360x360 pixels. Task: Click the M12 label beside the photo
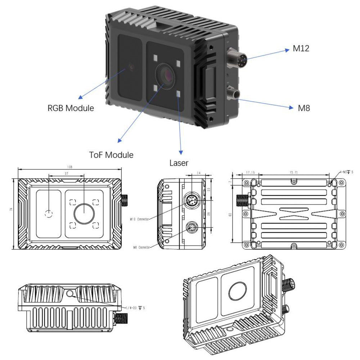click(x=301, y=49)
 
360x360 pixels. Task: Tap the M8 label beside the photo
click(x=304, y=108)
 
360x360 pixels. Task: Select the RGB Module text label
click(x=71, y=108)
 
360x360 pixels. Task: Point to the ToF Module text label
click(x=111, y=155)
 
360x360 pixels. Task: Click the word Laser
click(x=179, y=163)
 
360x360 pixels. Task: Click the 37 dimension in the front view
click(x=66, y=174)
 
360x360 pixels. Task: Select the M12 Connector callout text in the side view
click(x=139, y=219)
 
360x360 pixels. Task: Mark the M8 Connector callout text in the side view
click(x=141, y=247)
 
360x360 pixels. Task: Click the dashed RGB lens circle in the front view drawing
click(x=49, y=213)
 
